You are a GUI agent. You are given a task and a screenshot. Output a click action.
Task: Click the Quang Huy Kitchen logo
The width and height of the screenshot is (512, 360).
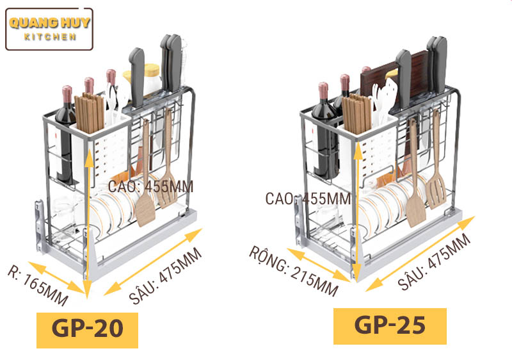(x=49, y=29)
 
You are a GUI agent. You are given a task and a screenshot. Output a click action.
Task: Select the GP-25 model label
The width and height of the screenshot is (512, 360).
(x=389, y=325)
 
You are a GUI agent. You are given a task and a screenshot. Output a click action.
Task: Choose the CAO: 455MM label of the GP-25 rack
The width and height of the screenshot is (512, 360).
(x=308, y=199)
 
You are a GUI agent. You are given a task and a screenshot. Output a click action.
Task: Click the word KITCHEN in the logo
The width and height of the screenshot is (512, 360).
(x=50, y=37)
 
